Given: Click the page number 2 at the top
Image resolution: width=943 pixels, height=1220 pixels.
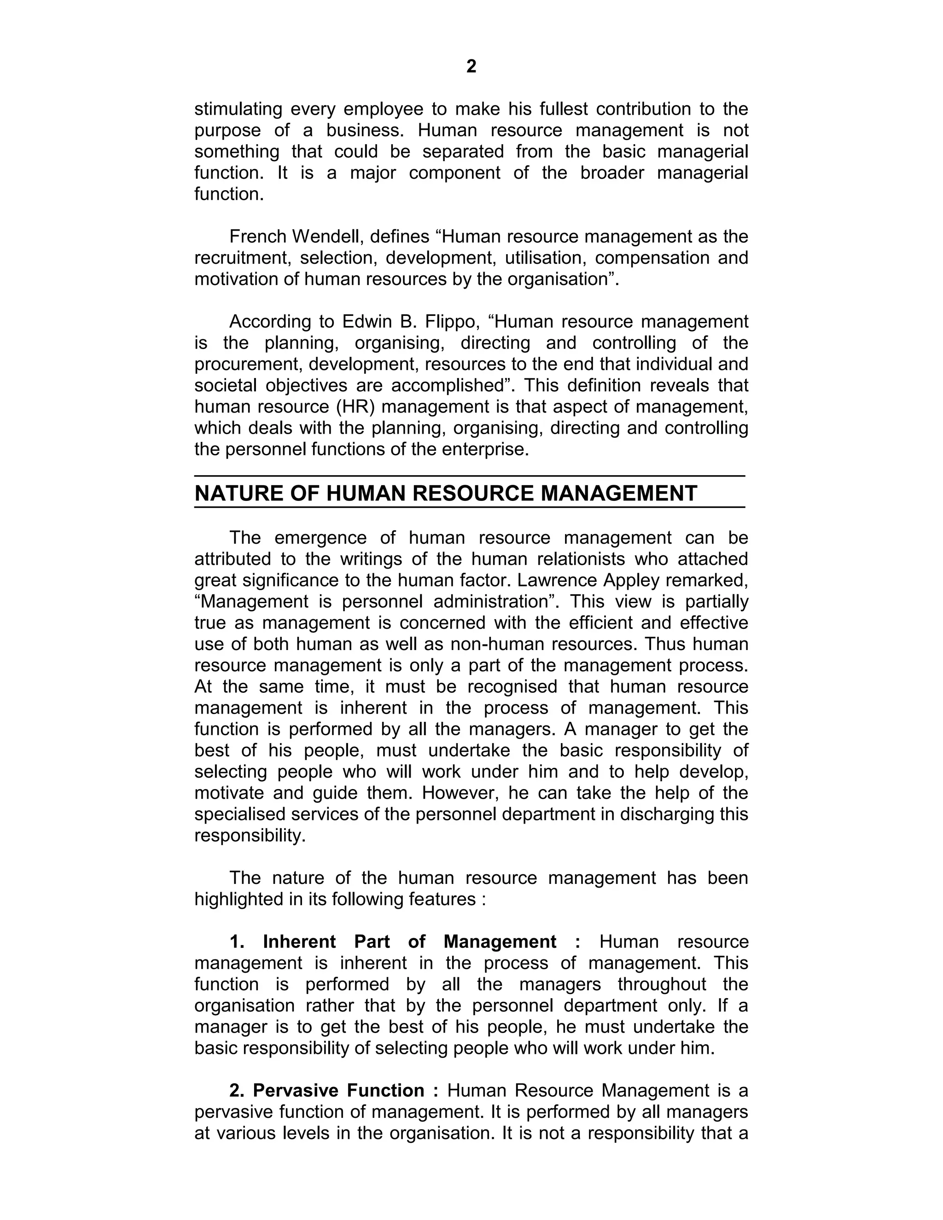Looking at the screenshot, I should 471,66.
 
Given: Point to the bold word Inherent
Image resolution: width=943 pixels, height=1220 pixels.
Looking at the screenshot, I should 299,942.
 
